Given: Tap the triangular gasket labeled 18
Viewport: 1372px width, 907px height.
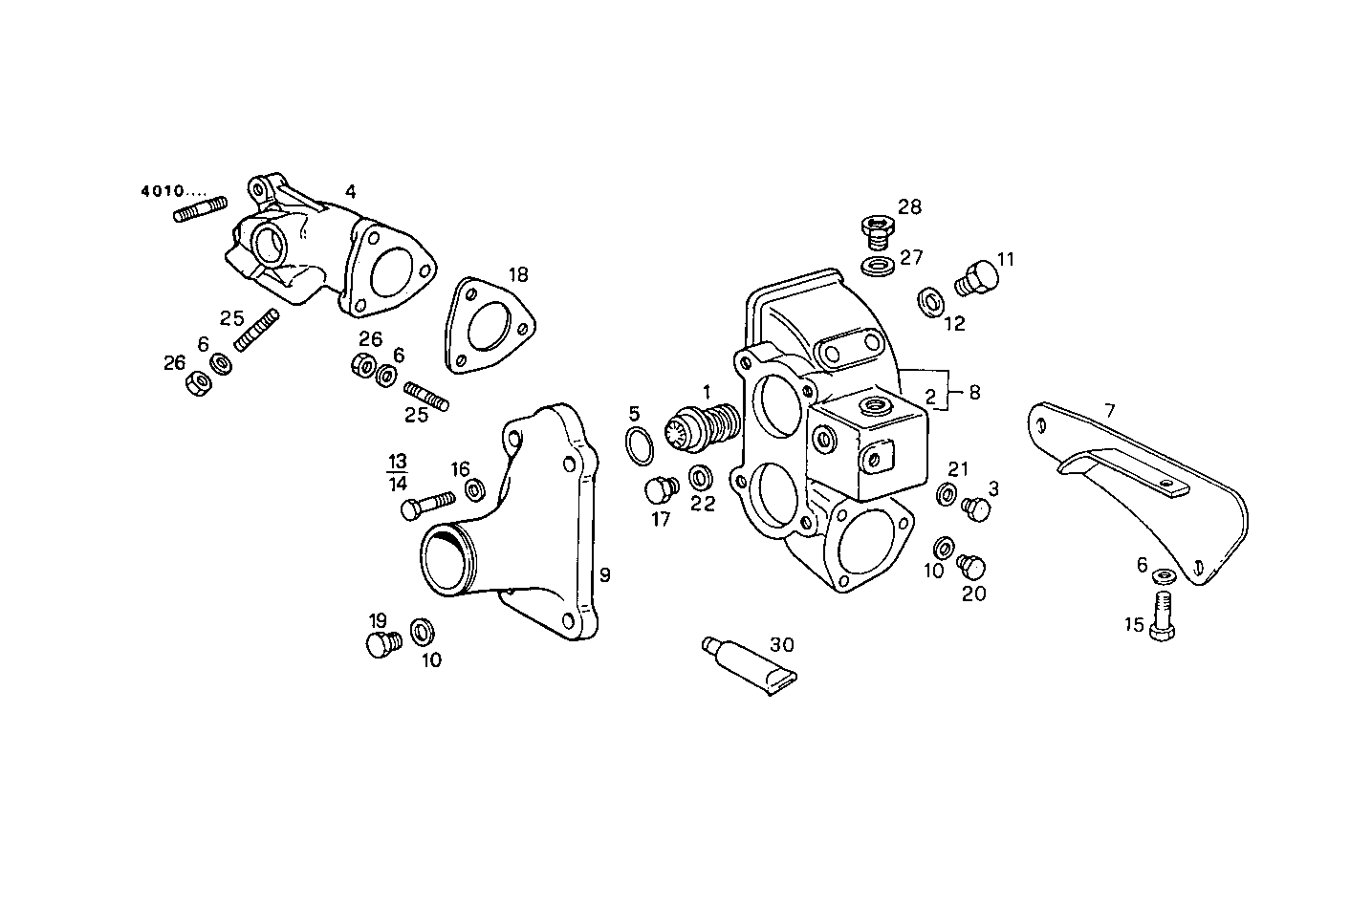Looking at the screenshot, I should point(489,326).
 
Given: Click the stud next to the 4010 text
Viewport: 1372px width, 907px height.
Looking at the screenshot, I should point(200,208).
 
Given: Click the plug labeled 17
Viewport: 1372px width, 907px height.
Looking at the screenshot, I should point(658,490).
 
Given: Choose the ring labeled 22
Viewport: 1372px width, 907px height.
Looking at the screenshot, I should point(701,474).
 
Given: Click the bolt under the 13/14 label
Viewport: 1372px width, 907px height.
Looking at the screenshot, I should point(427,504).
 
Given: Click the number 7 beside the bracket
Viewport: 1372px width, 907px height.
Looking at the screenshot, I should point(1109,412).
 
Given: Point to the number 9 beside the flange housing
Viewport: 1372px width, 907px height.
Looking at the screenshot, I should point(604,575).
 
